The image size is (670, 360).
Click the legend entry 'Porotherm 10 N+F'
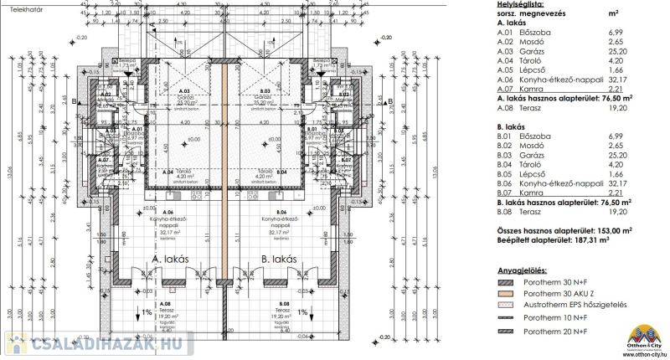point(554,319)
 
